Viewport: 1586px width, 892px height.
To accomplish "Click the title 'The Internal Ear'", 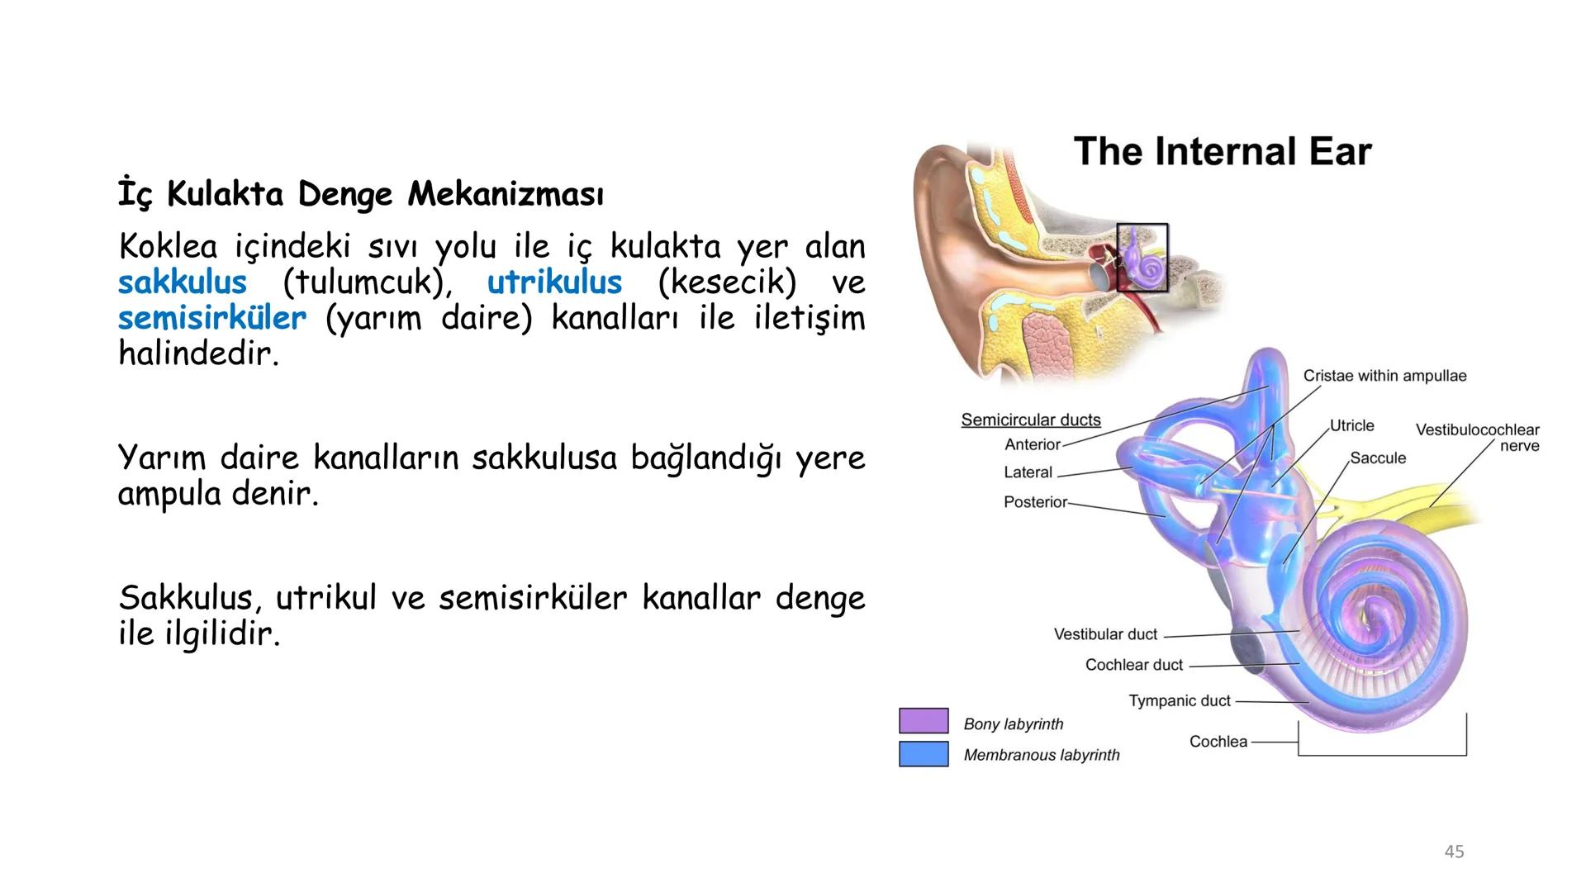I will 1222,152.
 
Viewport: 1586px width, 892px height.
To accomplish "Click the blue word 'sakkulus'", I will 183,282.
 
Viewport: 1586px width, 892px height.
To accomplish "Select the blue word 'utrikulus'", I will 554,282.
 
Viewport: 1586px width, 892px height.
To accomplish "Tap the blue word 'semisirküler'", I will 212,318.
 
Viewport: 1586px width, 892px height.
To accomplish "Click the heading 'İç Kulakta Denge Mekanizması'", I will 361,195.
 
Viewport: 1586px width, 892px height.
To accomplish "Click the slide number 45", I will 1454,852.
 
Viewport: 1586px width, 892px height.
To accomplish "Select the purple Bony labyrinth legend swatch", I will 924,721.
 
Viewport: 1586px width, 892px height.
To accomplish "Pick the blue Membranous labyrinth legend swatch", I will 924,754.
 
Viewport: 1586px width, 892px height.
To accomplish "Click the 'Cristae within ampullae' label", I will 1384,376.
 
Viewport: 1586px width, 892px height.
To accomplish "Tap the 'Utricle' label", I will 1351,425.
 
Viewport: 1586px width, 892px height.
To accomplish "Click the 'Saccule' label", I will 1377,458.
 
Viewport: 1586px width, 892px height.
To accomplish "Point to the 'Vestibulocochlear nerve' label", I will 1477,438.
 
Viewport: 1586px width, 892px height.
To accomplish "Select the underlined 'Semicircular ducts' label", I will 1030,420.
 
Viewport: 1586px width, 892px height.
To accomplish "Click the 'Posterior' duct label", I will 1034,502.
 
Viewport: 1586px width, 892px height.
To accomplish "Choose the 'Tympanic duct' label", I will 1180,701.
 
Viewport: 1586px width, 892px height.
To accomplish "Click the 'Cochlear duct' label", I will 1133,665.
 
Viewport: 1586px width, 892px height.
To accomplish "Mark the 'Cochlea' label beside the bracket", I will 1218,742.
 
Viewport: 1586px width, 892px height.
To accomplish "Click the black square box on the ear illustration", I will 1142,257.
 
